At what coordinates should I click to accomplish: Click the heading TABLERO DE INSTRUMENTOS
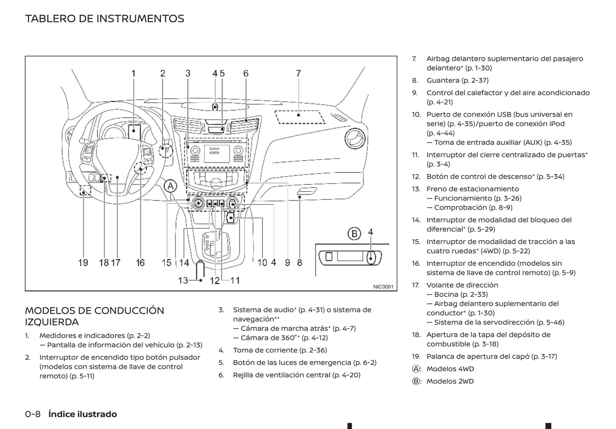[104, 19]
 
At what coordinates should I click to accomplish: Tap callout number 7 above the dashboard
[298, 73]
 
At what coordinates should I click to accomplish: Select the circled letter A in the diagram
[170, 186]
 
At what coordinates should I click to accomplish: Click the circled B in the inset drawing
[354, 233]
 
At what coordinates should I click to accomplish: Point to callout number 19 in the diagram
[83, 263]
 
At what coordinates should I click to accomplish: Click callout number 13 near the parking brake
[183, 280]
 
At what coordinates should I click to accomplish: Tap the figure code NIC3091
[383, 287]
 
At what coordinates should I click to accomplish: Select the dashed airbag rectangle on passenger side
[299, 117]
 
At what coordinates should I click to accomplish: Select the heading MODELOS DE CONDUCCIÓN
[94, 310]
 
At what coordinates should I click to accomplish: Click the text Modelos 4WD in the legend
[450, 369]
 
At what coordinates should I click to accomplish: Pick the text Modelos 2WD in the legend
[450, 381]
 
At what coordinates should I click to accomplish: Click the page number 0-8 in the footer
[33, 414]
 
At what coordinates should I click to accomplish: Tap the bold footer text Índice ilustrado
[82, 414]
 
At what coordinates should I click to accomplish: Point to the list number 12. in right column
[416, 176]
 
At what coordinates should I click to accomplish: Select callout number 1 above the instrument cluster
[133, 73]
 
